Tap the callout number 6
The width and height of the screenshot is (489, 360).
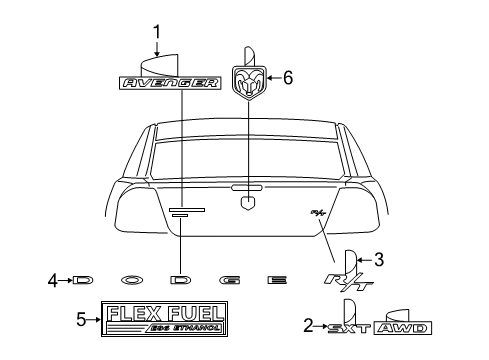point(288,77)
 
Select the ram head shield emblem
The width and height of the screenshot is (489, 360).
point(248,79)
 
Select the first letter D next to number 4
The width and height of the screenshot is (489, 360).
point(83,282)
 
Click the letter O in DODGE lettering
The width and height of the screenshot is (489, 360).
point(133,282)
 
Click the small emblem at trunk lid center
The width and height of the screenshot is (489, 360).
point(247,204)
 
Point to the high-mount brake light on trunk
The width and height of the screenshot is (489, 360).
point(247,186)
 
